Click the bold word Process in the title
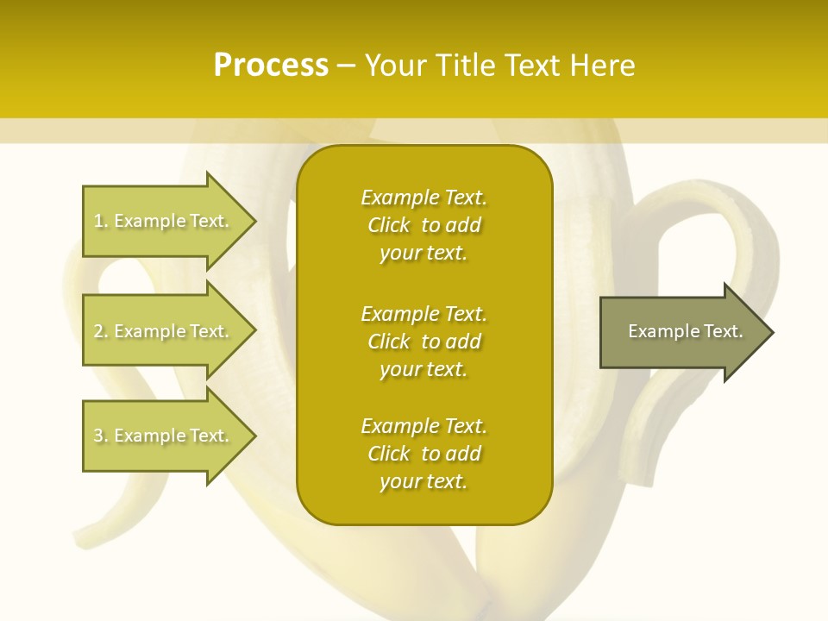pos(271,65)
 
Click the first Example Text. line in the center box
pos(423,198)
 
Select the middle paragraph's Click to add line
pos(423,342)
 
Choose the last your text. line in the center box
pos(423,481)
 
